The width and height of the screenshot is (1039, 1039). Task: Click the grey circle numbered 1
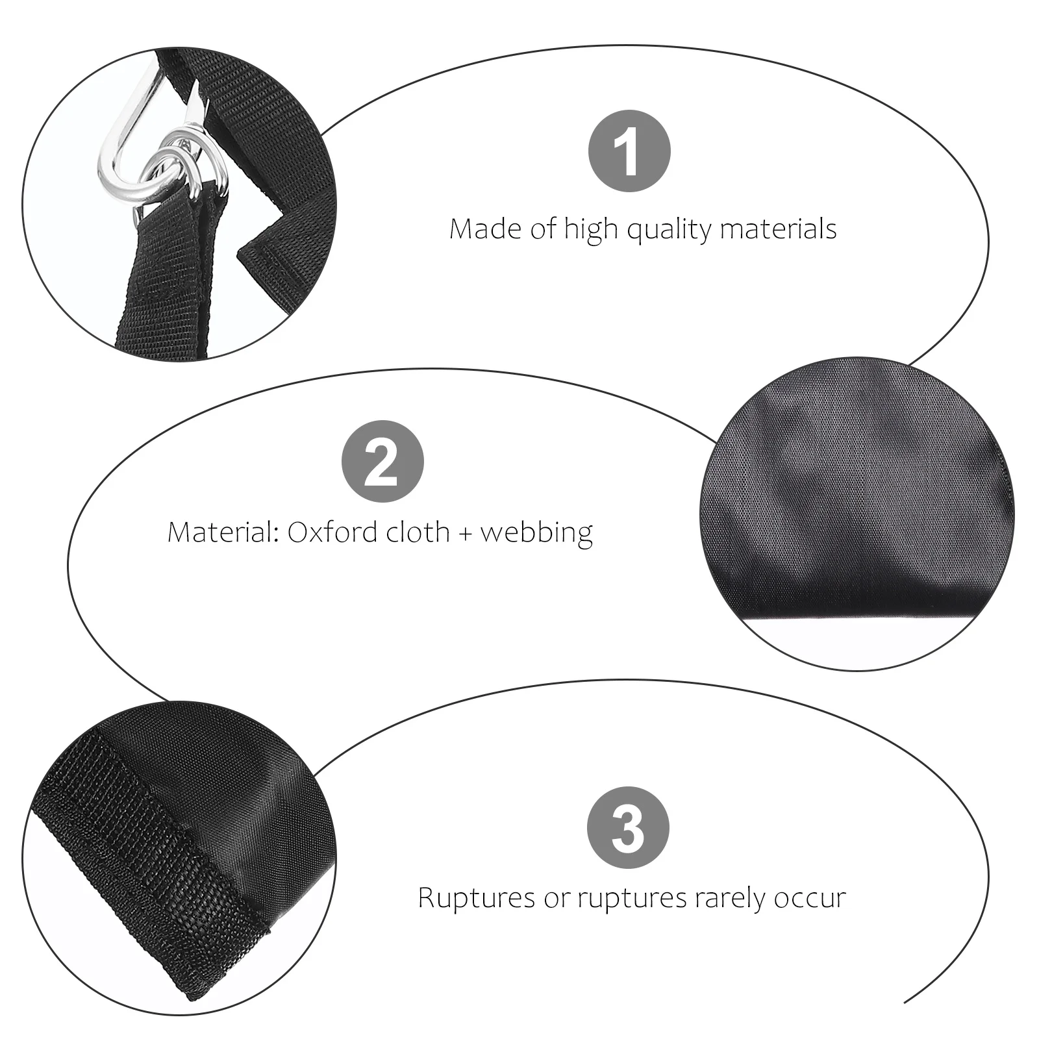click(x=629, y=151)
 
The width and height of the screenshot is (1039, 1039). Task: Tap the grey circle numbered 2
click(x=382, y=461)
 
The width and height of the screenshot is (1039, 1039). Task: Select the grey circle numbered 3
click(x=627, y=827)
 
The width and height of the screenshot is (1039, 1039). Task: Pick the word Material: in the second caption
click(x=223, y=532)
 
